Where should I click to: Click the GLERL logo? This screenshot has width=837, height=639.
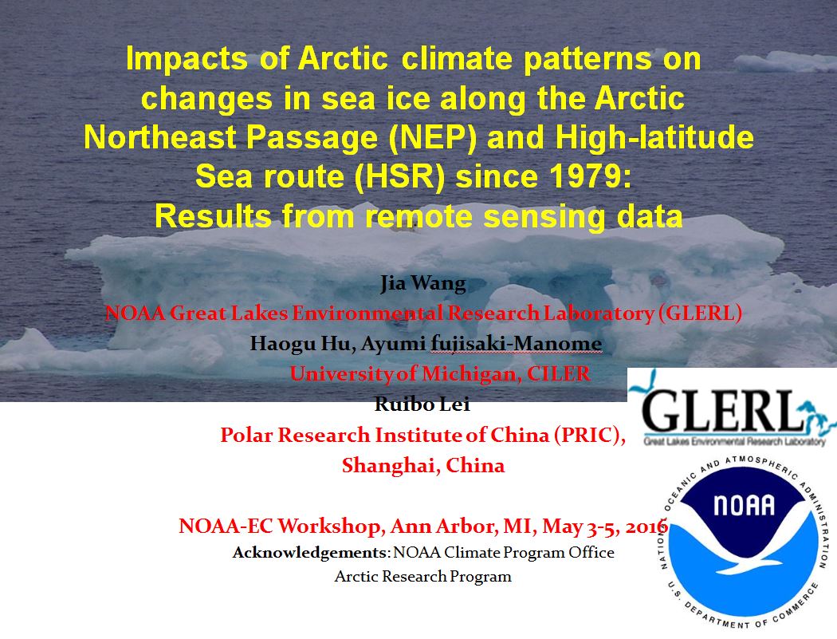click(732, 407)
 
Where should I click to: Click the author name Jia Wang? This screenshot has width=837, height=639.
click(422, 282)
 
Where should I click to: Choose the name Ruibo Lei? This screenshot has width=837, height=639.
click(422, 404)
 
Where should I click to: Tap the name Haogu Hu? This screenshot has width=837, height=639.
click(301, 343)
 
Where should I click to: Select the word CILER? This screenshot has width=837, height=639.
click(559, 373)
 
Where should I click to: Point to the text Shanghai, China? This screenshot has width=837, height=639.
click(423, 465)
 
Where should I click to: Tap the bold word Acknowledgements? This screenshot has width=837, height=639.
click(309, 553)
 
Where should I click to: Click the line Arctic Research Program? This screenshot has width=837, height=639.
click(422, 577)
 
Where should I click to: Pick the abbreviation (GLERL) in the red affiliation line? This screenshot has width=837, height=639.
click(700, 313)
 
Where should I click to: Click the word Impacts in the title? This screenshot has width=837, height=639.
click(187, 59)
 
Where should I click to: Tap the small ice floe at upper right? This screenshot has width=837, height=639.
click(783, 62)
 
